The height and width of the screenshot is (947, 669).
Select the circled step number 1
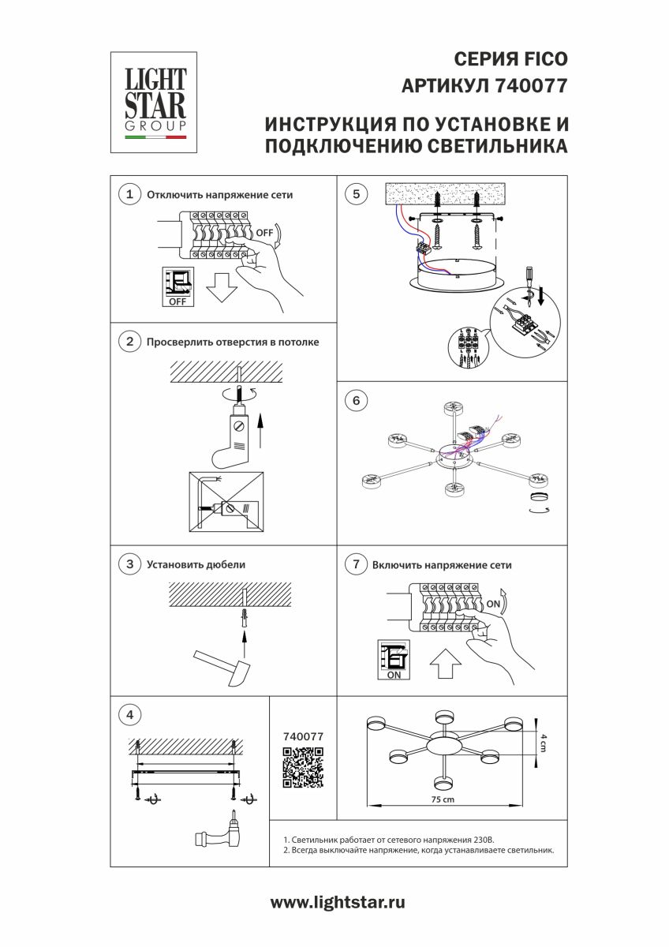coord(129,194)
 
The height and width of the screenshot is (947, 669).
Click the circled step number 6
coord(357,401)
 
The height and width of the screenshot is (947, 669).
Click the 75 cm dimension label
coord(443,799)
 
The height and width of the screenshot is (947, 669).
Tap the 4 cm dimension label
coord(542,741)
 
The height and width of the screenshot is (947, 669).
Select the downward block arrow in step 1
coord(222,288)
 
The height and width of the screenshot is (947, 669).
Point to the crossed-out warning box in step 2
coord(225,503)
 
